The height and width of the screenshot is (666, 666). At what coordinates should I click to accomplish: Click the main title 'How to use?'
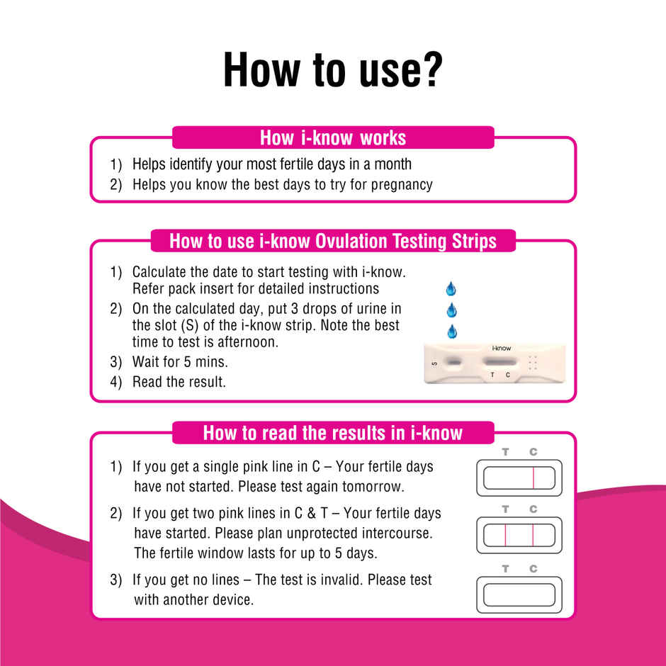click(332, 70)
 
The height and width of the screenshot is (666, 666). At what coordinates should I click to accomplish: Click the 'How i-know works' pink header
click(332, 137)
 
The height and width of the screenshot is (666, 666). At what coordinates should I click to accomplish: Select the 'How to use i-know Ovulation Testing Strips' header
click(332, 241)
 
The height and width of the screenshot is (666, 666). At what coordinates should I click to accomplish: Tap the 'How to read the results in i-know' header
click(332, 433)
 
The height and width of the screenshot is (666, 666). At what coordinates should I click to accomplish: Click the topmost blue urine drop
click(451, 288)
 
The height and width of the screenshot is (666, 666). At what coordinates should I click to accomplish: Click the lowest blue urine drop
click(451, 331)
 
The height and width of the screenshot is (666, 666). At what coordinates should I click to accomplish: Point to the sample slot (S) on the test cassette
click(454, 363)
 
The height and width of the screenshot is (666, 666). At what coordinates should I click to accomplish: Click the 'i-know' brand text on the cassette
click(501, 349)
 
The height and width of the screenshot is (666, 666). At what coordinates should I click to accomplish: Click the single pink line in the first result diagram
click(533, 478)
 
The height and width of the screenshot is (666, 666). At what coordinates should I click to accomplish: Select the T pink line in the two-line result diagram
click(506, 536)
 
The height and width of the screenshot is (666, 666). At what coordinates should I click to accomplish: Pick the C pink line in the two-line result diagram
click(533, 536)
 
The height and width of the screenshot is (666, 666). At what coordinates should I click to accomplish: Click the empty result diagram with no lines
click(519, 594)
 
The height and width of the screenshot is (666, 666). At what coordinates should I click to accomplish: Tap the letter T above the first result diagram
click(505, 451)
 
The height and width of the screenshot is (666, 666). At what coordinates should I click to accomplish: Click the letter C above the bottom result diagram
click(533, 568)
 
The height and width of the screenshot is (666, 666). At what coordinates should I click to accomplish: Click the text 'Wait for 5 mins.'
click(180, 362)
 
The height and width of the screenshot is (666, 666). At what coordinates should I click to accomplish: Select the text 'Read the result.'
click(179, 382)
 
